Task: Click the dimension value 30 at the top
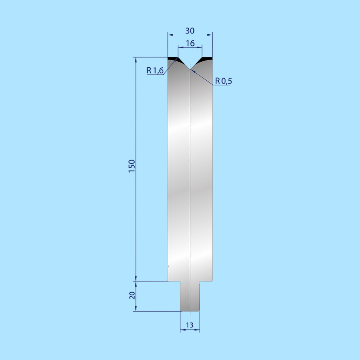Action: (190, 31)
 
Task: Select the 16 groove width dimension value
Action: (190, 43)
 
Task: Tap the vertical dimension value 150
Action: (132, 166)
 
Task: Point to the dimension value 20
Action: (132, 295)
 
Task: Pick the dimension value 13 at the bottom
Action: (189, 325)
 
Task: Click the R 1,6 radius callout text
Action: (155, 70)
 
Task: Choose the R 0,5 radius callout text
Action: (224, 81)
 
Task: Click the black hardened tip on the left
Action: (172, 59)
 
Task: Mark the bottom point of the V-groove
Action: (190, 69)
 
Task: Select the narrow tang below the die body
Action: (190, 296)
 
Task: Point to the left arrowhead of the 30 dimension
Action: (169, 34)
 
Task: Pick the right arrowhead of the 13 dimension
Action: (198, 330)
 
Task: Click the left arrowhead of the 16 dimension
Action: (179, 47)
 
